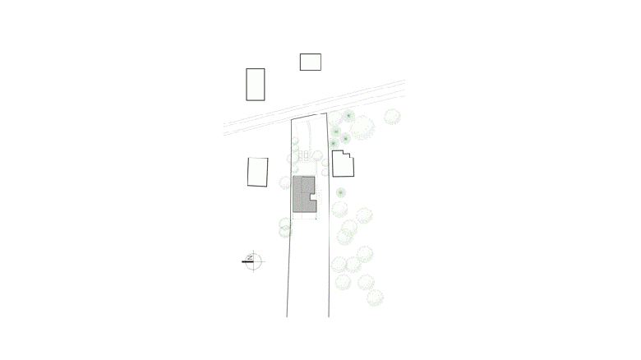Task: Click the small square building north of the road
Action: coord(310,62)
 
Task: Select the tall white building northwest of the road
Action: coord(256,84)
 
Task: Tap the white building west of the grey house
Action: coord(258,171)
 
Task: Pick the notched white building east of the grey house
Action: coord(343,164)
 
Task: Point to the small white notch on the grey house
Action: coord(314,197)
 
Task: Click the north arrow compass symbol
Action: coord(253,261)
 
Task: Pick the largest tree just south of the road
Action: coord(362,127)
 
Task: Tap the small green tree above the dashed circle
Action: coord(340,192)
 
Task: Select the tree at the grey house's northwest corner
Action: coord(286,182)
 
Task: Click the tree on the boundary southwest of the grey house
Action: coord(285,227)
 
